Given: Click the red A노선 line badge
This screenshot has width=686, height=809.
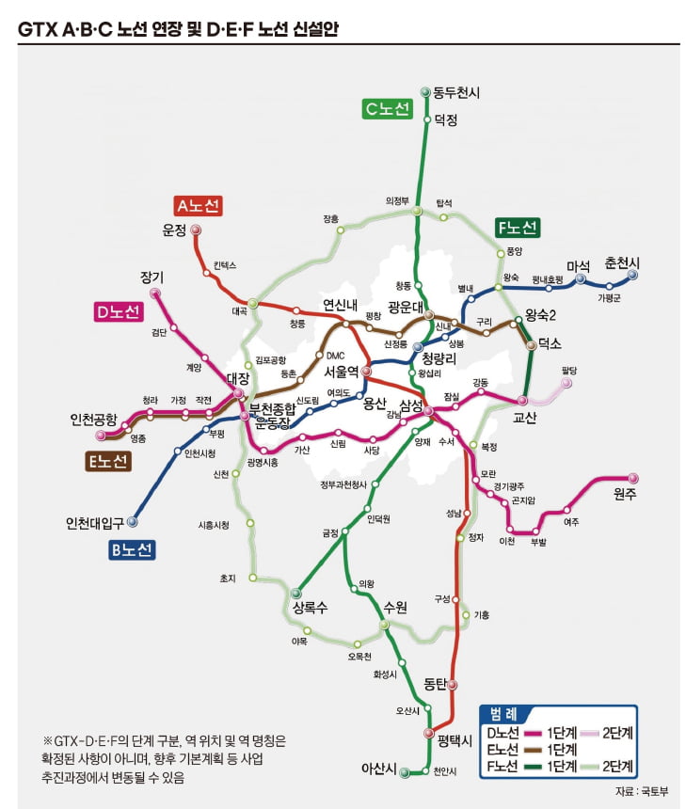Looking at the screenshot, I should pos(198,205).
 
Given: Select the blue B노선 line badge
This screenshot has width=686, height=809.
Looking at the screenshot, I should pos(132,551).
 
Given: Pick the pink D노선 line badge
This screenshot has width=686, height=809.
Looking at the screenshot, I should pos(118,311).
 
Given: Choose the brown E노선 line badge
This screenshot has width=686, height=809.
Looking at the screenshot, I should pos(107,461).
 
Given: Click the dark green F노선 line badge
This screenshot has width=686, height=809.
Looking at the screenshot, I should pos(517,228).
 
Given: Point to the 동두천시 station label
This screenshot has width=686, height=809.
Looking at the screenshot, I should pos(456,91).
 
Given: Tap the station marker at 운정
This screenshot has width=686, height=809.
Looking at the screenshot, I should pos(196,230).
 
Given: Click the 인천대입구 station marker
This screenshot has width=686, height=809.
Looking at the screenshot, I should pos(133,520).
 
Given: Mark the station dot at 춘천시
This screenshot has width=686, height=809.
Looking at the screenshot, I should pos(632,275).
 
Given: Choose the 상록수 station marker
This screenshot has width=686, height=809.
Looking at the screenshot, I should pos(296,593).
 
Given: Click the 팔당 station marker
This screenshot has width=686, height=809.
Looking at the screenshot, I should pos(567,384).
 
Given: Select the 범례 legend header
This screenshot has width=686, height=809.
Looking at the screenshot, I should pos(508,712).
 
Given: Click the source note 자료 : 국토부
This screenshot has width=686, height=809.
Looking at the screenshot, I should pos(642,790).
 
